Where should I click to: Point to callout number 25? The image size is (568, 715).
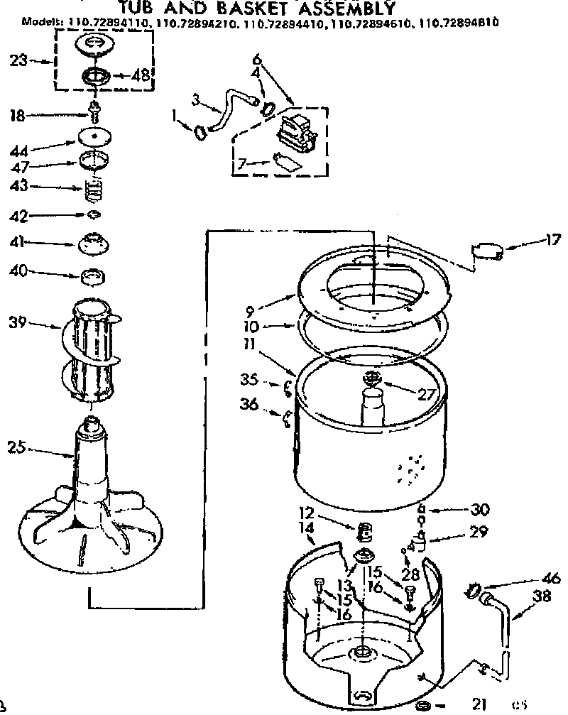pos(18,447)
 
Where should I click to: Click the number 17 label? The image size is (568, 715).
pos(552,239)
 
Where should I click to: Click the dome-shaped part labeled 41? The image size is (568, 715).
pos(94,243)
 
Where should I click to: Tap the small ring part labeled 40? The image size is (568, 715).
pos(94,275)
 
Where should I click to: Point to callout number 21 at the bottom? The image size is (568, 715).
pos(479,704)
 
